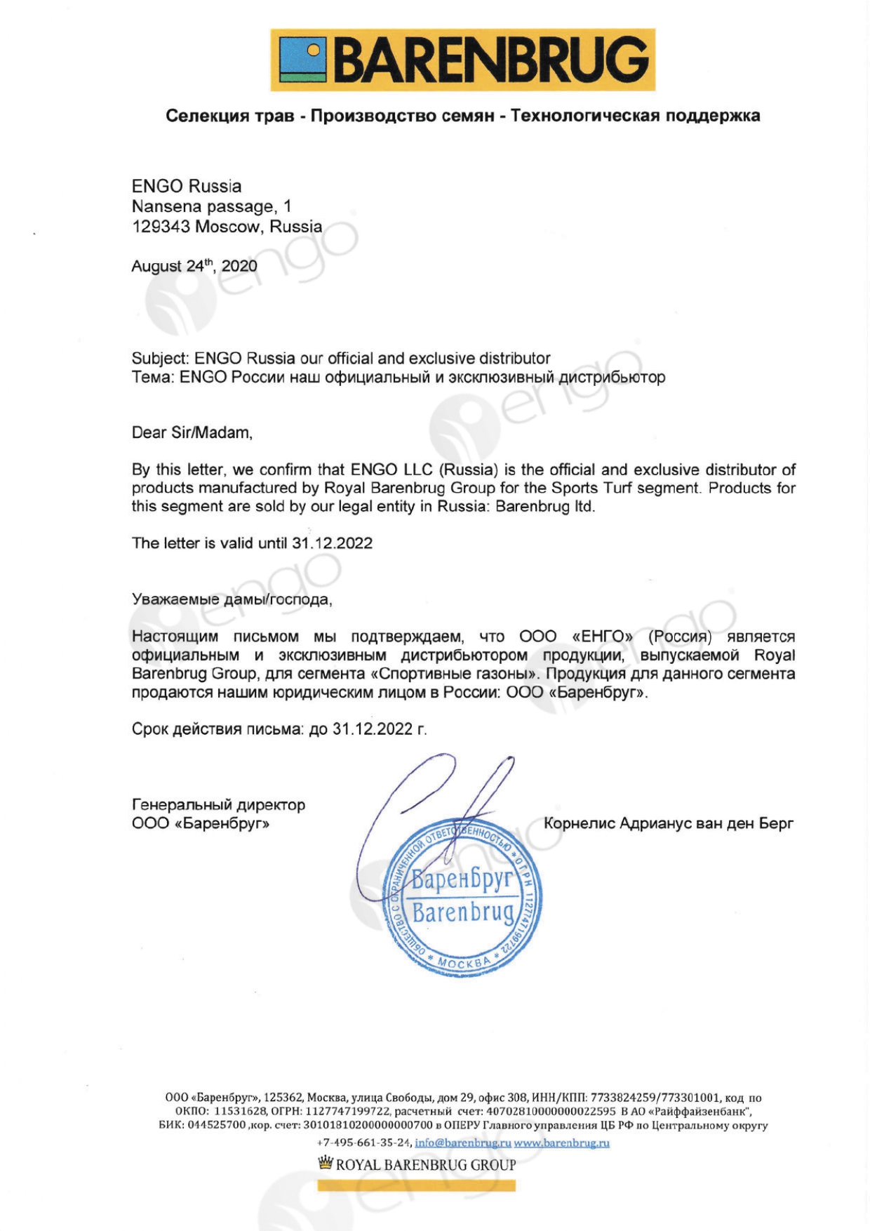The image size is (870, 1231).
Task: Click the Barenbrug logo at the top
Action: pos(462,60)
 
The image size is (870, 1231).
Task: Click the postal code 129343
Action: pos(161,227)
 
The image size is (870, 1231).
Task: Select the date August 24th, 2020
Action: pos(194,266)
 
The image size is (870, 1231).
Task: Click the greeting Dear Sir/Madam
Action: pos(192,432)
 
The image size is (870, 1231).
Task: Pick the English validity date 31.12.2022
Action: pos(332,543)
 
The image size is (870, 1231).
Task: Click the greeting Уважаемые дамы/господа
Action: pos(232,599)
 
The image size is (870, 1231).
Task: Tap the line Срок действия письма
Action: pos(279,729)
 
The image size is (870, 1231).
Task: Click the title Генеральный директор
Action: pos(218,805)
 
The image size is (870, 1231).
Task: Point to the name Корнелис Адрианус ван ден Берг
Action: pos(668,823)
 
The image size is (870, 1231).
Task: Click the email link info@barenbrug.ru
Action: pos(462,1143)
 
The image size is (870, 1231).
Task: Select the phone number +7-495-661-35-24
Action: pos(363,1143)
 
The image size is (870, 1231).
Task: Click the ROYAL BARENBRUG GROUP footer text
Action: pos(426,1165)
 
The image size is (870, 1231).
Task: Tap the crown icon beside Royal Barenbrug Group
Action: pos(325,1164)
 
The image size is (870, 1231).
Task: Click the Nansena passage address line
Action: pos(211,207)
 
